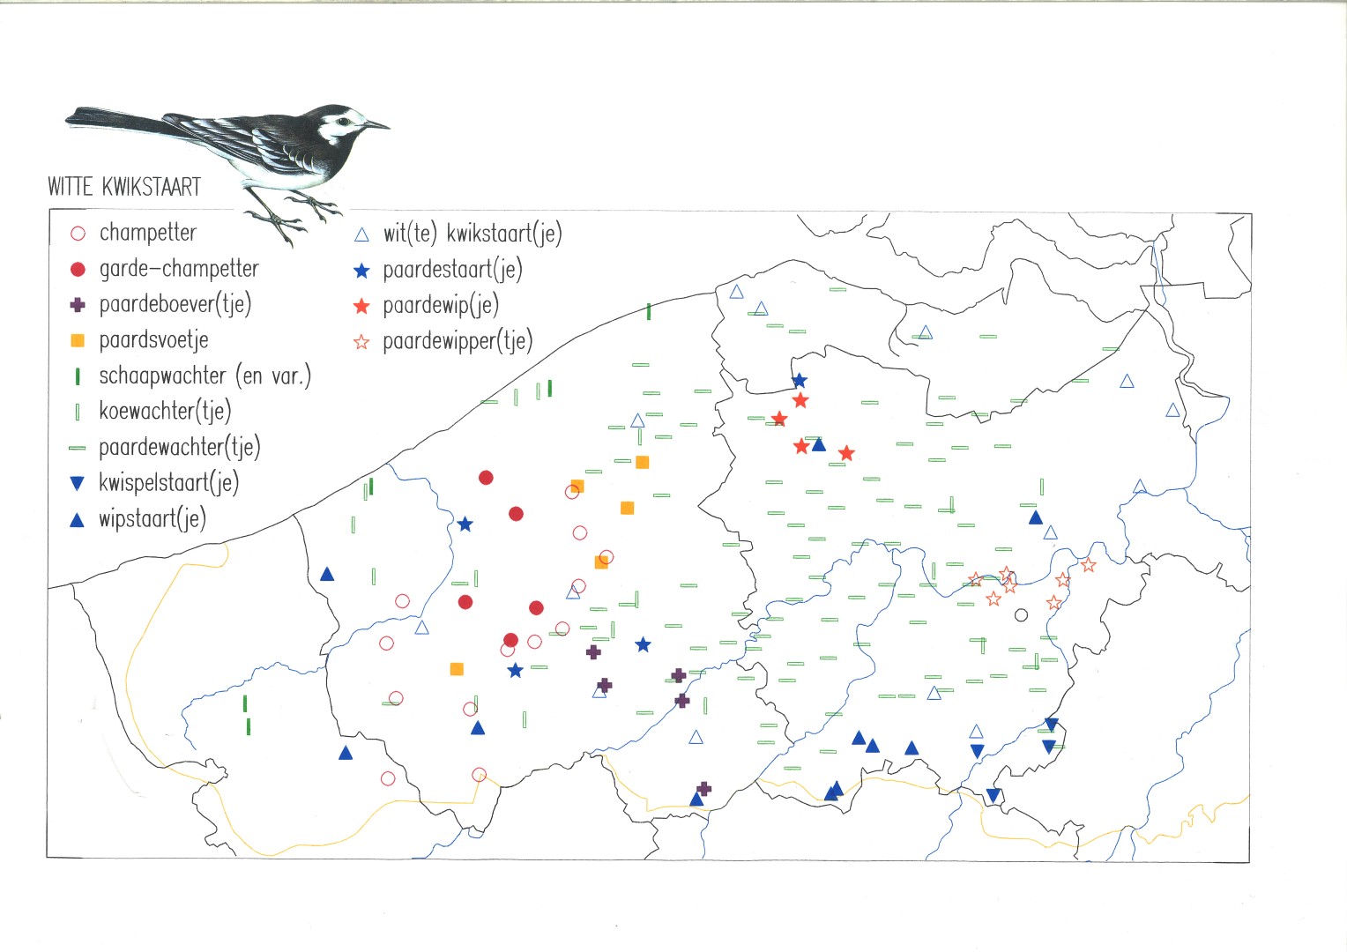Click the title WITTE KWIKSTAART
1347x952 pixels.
click(124, 187)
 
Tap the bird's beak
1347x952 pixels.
click(377, 124)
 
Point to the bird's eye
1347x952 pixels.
click(344, 122)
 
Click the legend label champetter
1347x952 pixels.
click(148, 233)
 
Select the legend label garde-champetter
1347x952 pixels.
click(179, 269)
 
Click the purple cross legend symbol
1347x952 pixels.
click(78, 304)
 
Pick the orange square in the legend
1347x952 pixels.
click(78, 340)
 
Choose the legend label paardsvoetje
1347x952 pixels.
click(154, 340)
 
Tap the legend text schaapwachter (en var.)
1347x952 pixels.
click(205, 376)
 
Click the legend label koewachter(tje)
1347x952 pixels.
click(166, 412)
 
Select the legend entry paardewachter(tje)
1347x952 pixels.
click(180, 448)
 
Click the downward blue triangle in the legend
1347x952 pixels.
click(78, 483)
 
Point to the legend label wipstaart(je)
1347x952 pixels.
click(153, 519)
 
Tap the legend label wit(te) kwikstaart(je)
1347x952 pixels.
click(473, 234)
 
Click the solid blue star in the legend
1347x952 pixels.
click(361, 271)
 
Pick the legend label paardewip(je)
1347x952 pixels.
click(441, 306)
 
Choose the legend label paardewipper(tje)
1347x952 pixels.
click(458, 342)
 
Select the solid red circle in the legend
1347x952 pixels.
click(78, 269)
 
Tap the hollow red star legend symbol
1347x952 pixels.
click(361, 342)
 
